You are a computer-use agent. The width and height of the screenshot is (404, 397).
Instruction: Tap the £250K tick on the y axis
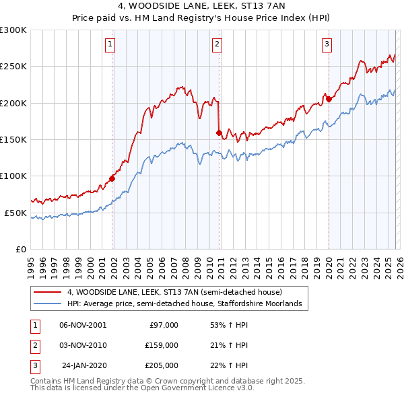click(x=14, y=67)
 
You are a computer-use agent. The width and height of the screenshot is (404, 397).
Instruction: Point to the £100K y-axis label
click(x=14, y=176)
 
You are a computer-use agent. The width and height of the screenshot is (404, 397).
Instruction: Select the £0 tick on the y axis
click(x=20, y=249)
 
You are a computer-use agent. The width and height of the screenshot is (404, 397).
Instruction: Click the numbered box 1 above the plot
click(x=110, y=45)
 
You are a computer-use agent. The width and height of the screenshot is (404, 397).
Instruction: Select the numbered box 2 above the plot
click(x=217, y=45)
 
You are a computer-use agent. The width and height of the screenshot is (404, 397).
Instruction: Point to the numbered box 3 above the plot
click(x=327, y=45)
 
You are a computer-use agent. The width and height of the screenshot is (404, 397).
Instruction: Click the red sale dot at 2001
click(x=112, y=178)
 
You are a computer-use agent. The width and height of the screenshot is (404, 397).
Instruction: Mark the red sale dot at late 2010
click(x=219, y=133)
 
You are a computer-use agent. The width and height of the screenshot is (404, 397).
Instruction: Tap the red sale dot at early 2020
click(x=329, y=100)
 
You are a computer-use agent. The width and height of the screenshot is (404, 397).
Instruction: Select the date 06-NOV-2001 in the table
click(x=83, y=324)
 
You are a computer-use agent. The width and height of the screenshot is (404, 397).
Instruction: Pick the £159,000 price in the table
click(x=162, y=345)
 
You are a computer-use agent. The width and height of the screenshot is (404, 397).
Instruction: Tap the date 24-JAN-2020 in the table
click(x=83, y=365)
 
